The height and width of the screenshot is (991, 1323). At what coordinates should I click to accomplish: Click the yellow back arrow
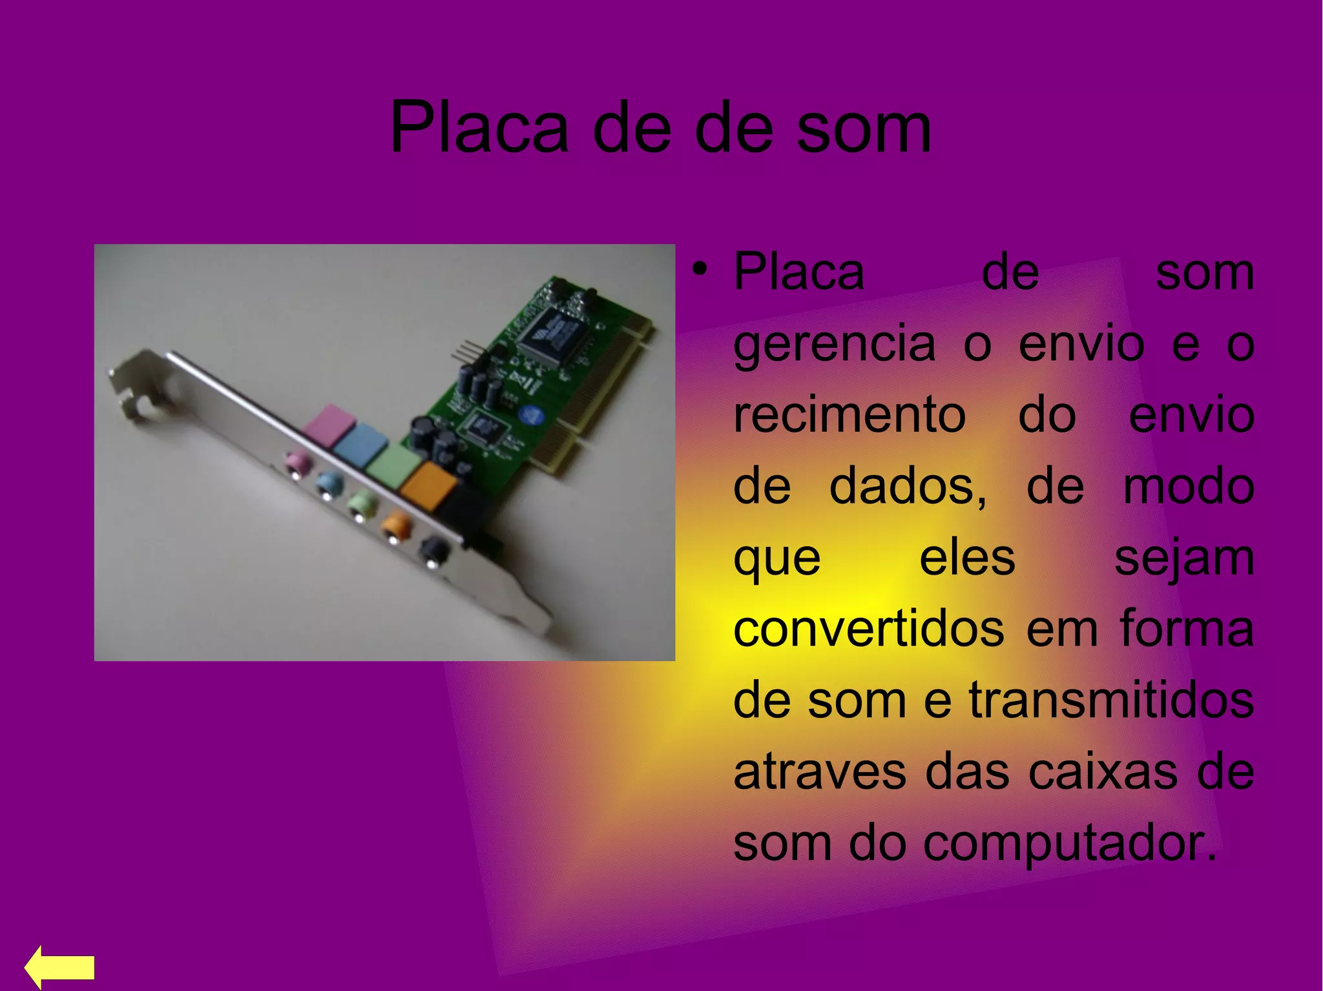(59, 966)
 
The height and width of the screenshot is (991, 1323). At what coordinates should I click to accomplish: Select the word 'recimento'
(849, 415)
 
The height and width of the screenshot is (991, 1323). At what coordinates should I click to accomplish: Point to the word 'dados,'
(908, 487)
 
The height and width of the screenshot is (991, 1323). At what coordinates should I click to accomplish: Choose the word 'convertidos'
(868, 629)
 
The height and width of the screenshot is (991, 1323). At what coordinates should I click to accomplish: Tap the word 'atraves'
(820, 771)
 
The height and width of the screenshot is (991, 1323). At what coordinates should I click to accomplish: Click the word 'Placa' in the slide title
(479, 128)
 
